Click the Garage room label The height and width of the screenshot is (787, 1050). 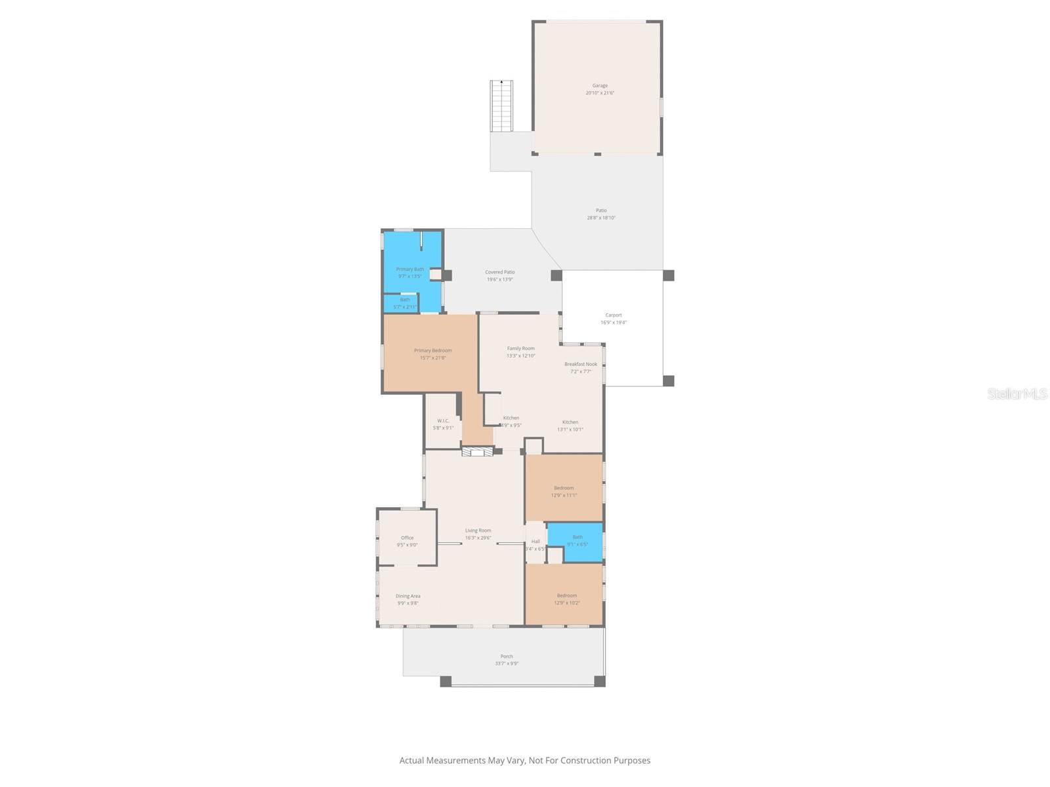click(600, 86)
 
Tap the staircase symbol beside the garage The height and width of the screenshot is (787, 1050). click(501, 106)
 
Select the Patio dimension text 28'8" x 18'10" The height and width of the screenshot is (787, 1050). click(601, 218)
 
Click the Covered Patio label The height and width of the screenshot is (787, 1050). click(499, 272)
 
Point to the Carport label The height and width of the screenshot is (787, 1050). click(614, 315)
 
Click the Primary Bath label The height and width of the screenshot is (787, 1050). click(409, 270)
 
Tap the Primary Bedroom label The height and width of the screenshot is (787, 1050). click(432, 351)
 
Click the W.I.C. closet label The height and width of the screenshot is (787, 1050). click(443, 421)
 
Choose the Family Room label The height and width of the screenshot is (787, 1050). click(520, 349)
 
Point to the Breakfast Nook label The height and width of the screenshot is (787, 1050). click(581, 364)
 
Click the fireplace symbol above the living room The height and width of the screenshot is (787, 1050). click(477, 452)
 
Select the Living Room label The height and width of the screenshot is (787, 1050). click(478, 531)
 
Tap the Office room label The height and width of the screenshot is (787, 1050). click(407, 538)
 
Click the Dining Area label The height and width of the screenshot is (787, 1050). click(408, 596)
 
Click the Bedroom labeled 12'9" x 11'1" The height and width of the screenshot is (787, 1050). click(564, 488)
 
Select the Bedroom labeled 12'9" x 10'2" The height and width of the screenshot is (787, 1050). click(566, 595)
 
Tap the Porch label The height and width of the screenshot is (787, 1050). click(507, 656)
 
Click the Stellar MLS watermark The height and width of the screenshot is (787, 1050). click(1017, 393)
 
